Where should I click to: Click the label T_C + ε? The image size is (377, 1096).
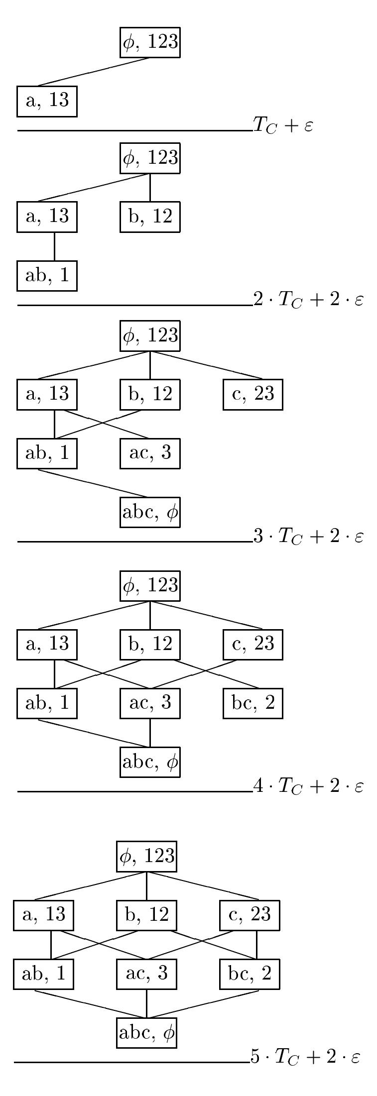(283, 125)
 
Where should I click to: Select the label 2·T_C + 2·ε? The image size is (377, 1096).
(308, 300)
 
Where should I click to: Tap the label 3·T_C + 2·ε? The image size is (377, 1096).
(308, 536)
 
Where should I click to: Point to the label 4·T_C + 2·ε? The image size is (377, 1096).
(308, 786)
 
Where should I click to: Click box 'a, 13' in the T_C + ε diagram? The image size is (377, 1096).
(47, 102)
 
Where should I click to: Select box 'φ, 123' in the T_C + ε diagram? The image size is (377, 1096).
(150, 42)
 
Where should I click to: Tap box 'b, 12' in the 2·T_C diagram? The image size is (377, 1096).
(150, 217)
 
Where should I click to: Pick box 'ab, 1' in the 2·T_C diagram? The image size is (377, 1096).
(47, 276)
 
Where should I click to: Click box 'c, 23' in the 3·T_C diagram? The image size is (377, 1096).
(253, 394)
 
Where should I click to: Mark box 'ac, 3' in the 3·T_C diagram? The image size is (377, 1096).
(150, 453)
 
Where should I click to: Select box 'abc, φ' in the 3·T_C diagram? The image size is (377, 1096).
(150, 512)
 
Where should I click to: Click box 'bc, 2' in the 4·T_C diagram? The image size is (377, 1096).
(253, 703)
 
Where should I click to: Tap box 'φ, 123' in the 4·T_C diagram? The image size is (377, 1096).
(150, 586)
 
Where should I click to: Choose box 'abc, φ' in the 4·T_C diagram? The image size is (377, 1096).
(150, 762)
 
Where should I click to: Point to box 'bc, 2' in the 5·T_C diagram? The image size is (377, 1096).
(250, 974)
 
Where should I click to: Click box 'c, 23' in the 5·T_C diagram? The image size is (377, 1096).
(250, 915)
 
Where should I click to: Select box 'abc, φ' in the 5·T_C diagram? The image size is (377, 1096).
(146, 1033)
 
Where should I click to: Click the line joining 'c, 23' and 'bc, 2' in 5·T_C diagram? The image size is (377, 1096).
(257, 945)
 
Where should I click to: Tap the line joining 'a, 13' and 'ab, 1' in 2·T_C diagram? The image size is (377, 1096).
(54, 246)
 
